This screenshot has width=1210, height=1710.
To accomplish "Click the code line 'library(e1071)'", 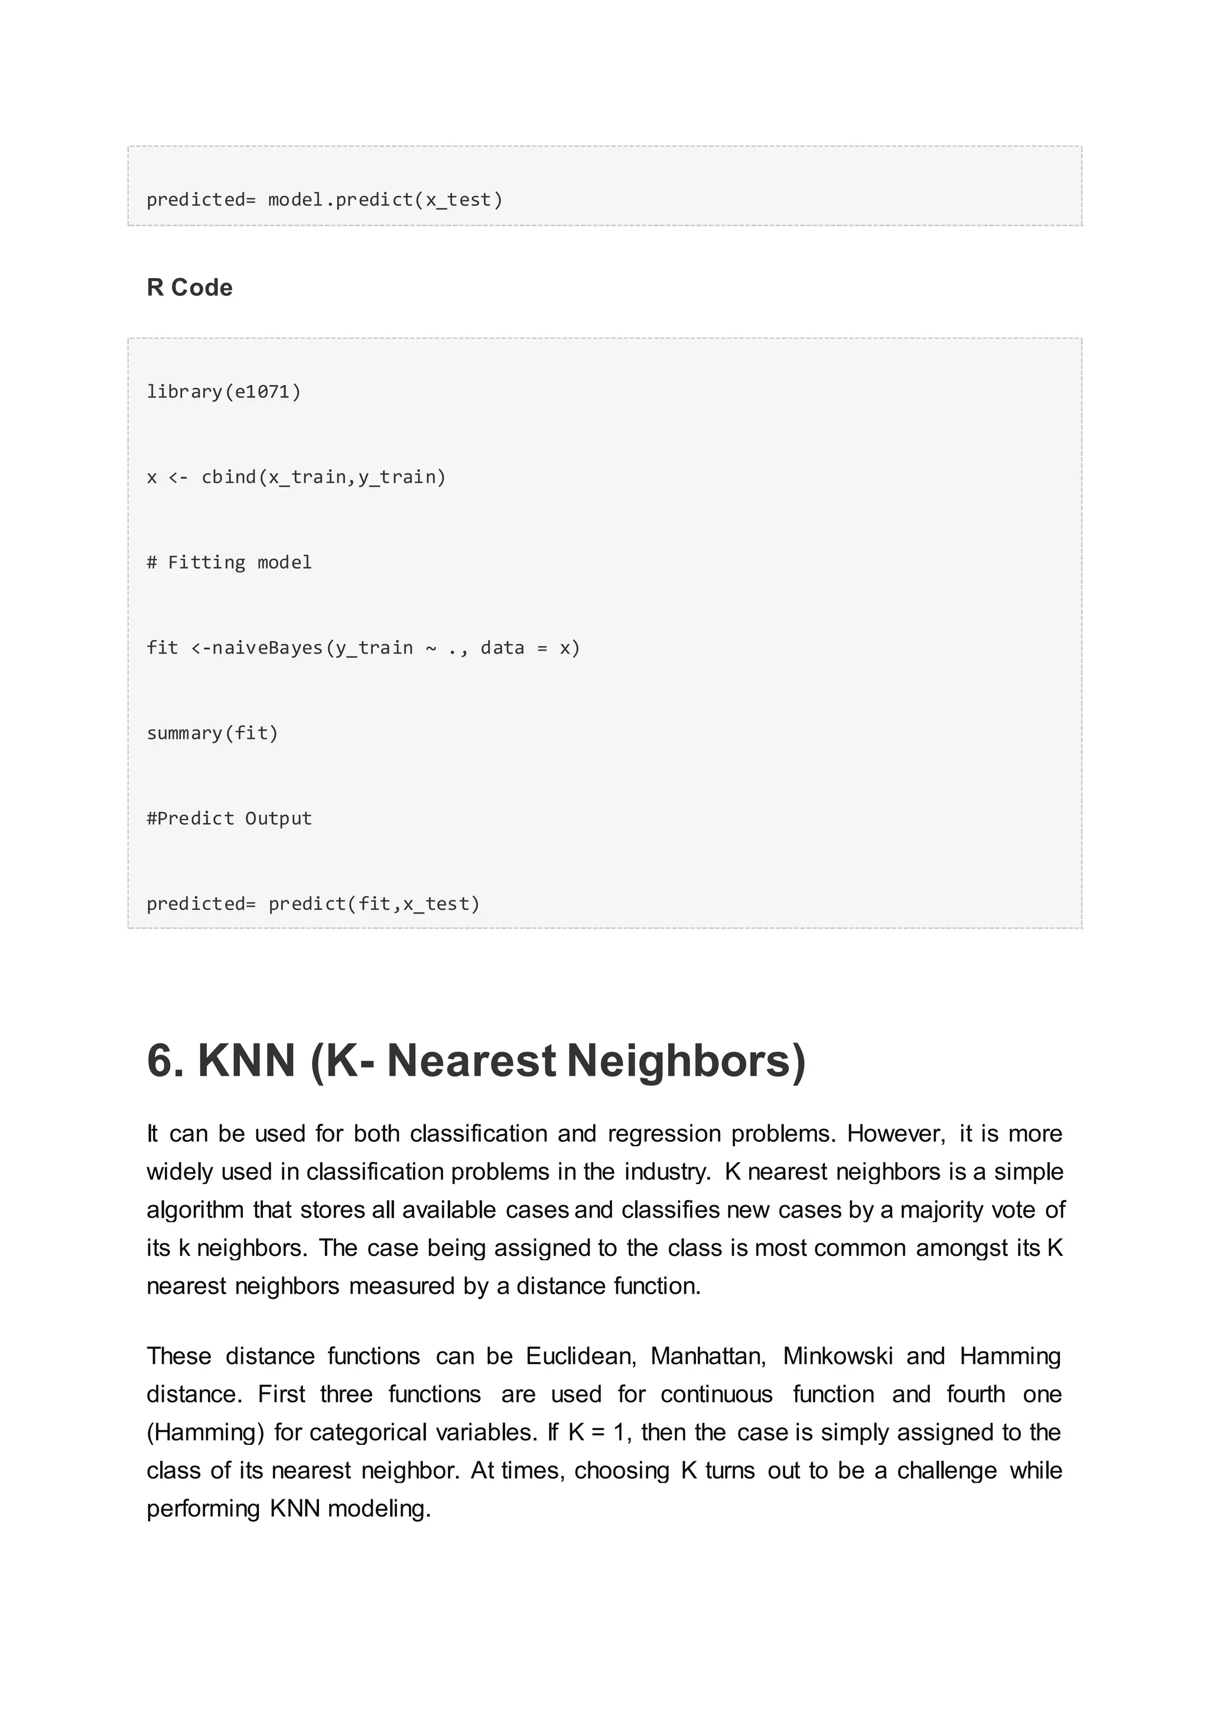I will [x=223, y=391].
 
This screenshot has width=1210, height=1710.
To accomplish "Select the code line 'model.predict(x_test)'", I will [x=385, y=200].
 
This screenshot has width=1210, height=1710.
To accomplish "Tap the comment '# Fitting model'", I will [x=229, y=562].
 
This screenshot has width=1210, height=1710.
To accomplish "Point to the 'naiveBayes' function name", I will [x=268, y=648].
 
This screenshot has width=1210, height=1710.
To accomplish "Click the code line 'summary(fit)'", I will [x=212, y=733].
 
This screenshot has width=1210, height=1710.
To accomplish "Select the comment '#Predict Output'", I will [x=229, y=818].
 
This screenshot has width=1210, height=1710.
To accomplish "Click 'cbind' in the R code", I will [x=229, y=478].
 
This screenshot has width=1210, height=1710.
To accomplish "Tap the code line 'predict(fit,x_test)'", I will [x=374, y=904].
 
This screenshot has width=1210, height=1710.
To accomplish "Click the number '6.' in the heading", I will [x=165, y=1060].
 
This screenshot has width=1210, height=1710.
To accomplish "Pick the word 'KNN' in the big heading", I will [x=246, y=1060].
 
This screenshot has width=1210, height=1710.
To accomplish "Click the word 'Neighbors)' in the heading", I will [x=686, y=1060].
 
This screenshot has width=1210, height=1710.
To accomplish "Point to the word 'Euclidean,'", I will [x=581, y=1356].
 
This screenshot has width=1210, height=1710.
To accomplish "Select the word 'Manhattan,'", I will [x=708, y=1356].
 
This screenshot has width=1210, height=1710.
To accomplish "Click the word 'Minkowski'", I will [x=837, y=1356].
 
